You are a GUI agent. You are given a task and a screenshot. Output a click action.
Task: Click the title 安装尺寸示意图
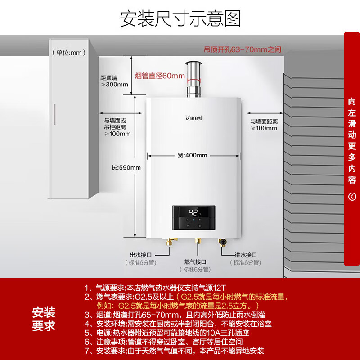[x=180, y=18]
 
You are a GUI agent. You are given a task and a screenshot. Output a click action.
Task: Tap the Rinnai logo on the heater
[x=194, y=117]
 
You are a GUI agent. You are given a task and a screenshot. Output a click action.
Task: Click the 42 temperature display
[x=193, y=213]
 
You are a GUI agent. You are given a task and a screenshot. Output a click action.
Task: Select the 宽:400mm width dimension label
[x=192, y=156]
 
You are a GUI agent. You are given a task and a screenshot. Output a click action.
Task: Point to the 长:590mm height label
[x=126, y=168]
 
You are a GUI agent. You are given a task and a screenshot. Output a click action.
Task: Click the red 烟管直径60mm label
[x=160, y=76]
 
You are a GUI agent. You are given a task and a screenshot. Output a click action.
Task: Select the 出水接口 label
[x=139, y=255]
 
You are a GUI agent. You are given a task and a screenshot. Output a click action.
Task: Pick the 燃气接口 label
[x=195, y=261]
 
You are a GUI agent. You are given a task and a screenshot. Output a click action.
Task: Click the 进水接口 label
[x=245, y=255]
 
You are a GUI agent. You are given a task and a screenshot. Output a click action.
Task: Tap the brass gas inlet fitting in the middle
[x=197, y=243]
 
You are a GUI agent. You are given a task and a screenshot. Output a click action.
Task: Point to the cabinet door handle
[x=55, y=116]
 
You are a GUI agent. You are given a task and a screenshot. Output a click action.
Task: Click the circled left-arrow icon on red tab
[x=352, y=196]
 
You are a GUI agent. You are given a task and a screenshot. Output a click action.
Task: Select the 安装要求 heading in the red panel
[x=44, y=319]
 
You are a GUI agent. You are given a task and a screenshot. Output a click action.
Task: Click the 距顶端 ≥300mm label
[x=114, y=81]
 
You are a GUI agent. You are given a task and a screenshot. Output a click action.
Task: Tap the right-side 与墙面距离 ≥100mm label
[x=264, y=125]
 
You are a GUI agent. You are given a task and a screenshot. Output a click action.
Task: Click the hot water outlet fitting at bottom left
[x=170, y=244]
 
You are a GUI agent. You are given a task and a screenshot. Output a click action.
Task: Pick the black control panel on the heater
[x=194, y=219]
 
